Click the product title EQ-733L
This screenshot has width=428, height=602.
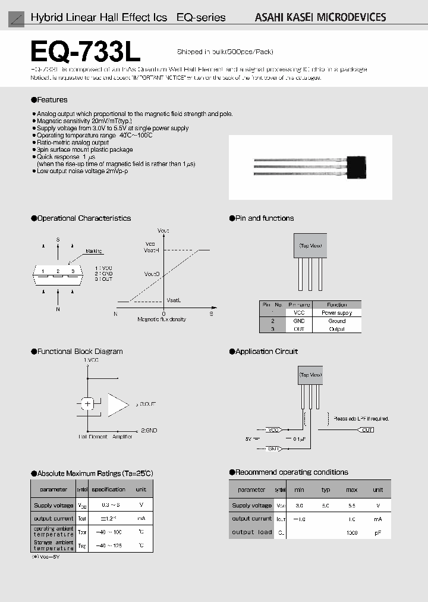click(x=85, y=53)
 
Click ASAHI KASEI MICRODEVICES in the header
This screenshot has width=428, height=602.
click(x=320, y=17)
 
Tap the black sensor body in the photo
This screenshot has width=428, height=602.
click(x=357, y=167)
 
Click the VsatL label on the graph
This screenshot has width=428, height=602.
click(x=174, y=300)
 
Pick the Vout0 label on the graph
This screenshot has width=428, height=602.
click(x=152, y=274)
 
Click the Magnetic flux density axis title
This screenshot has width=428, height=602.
click(x=162, y=319)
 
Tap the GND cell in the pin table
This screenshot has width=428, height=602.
click(x=299, y=321)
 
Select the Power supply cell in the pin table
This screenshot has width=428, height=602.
click(x=337, y=312)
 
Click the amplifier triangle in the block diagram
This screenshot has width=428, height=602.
click(x=118, y=404)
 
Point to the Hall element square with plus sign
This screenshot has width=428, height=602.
click(x=88, y=404)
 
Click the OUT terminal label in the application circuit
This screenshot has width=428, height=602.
click(x=367, y=429)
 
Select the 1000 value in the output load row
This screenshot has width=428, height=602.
click(x=351, y=532)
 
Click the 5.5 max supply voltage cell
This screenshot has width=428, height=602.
click(x=351, y=505)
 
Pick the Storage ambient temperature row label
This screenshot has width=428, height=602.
click(x=53, y=545)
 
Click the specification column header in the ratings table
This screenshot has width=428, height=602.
click(x=108, y=490)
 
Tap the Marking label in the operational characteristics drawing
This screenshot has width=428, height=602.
click(x=93, y=251)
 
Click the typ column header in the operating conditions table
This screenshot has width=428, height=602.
click(x=326, y=490)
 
